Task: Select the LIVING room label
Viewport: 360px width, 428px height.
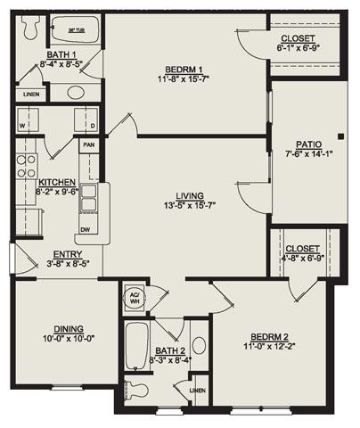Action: [x=190, y=195]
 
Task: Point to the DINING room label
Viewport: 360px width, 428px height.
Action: [x=62, y=327]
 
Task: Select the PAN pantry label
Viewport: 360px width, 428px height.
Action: [x=88, y=144]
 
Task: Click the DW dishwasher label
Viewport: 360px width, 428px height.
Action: [x=84, y=229]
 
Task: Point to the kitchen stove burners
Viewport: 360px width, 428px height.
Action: [x=25, y=166]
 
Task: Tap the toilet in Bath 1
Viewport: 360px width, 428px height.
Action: [x=29, y=29]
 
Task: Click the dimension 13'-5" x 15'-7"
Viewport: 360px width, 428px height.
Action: [x=190, y=206]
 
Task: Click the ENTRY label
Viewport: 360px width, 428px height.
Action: [x=68, y=253]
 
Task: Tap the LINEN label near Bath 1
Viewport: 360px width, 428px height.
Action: [x=31, y=94]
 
